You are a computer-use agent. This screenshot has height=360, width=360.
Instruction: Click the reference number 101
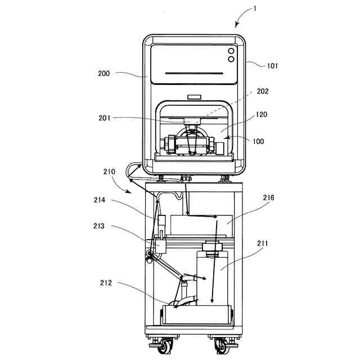[x=272, y=66]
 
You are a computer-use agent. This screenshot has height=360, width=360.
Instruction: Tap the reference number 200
[x=103, y=74]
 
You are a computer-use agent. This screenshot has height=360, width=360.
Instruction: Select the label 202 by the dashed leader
[x=263, y=91]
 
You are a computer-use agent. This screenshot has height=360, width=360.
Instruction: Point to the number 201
[x=105, y=118]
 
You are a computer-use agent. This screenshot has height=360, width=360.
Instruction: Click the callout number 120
[x=262, y=114]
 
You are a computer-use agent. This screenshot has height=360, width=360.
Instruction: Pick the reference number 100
[x=258, y=141]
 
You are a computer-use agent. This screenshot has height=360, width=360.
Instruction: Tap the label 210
[x=109, y=172]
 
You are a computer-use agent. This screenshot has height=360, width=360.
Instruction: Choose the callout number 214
[x=100, y=200]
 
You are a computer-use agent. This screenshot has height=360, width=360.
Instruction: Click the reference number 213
[x=99, y=226]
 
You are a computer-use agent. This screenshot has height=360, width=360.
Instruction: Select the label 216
[x=268, y=197]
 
